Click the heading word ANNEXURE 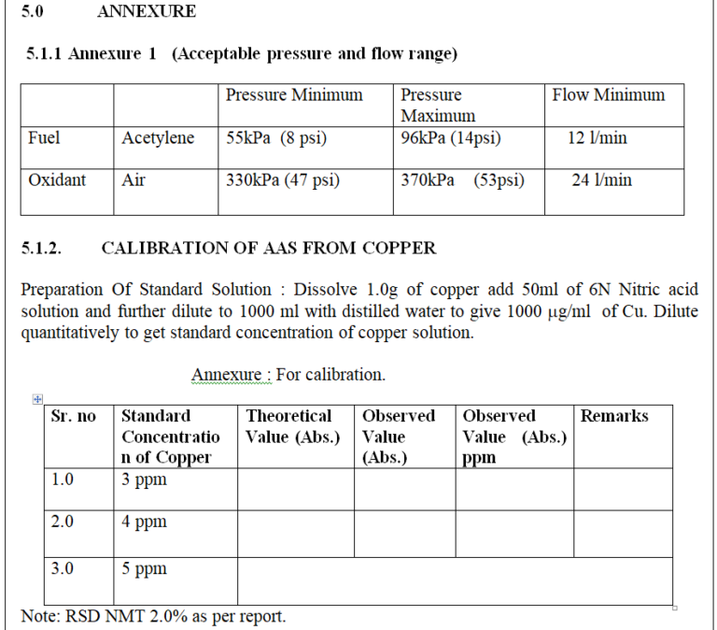point(146,12)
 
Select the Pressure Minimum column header point(294,94)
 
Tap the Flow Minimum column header point(609,94)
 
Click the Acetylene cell point(158,138)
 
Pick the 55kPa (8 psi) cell point(276,138)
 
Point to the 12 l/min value point(597,138)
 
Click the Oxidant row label point(57,180)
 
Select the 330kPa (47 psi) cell point(282,180)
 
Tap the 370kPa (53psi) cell point(462,180)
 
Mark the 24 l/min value point(601,180)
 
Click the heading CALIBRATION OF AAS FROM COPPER point(268,249)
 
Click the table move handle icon point(36,399)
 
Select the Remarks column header point(613,416)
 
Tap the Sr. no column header point(73,416)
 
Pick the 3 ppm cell point(144,480)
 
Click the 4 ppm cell point(144,522)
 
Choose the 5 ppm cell point(144,568)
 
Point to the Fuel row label point(44,138)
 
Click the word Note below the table point(40,617)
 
